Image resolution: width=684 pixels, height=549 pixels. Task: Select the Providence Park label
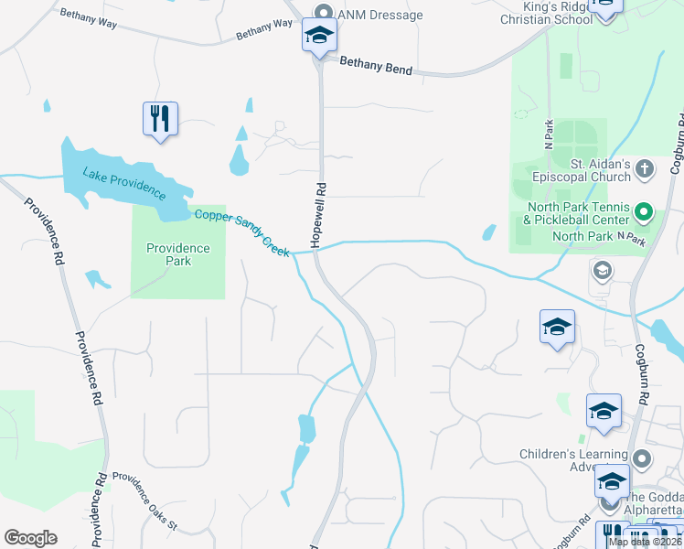point(178,254)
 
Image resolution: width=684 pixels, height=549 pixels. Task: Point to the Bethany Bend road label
point(375,66)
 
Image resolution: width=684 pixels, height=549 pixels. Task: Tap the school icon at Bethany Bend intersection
point(319,37)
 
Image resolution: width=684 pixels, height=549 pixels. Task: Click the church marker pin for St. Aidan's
point(645,169)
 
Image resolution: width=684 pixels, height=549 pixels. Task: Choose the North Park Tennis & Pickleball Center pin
point(643,214)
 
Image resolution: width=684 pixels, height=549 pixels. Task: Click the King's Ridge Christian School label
point(549,12)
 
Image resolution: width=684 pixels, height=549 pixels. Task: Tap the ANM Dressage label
point(379,15)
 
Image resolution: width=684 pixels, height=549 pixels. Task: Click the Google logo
point(30,538)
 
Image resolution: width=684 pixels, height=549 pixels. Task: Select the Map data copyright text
point(646,542)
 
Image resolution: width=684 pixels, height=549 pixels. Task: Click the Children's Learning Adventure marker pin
point(643,458)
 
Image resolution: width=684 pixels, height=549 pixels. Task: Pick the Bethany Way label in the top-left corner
point(87,18)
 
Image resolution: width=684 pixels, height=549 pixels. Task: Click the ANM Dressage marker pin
point(323,13)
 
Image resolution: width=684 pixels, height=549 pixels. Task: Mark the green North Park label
point(576,236)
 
